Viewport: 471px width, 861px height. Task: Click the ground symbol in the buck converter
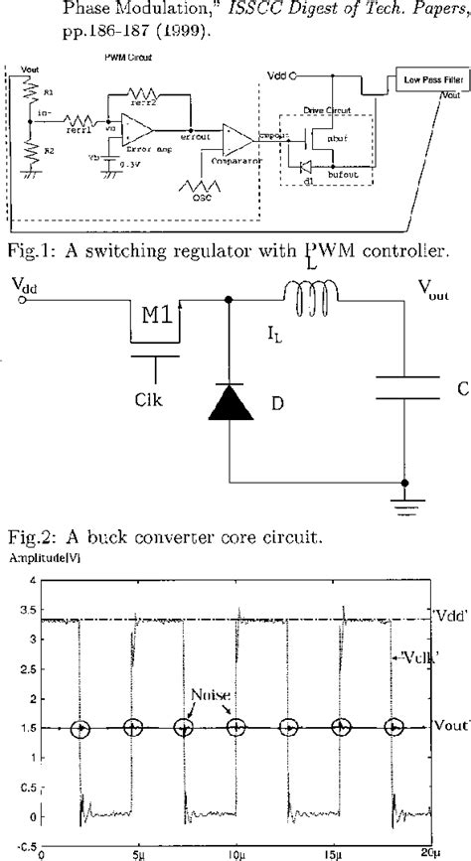(403, 494)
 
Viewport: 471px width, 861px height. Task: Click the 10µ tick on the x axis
(235, 852)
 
